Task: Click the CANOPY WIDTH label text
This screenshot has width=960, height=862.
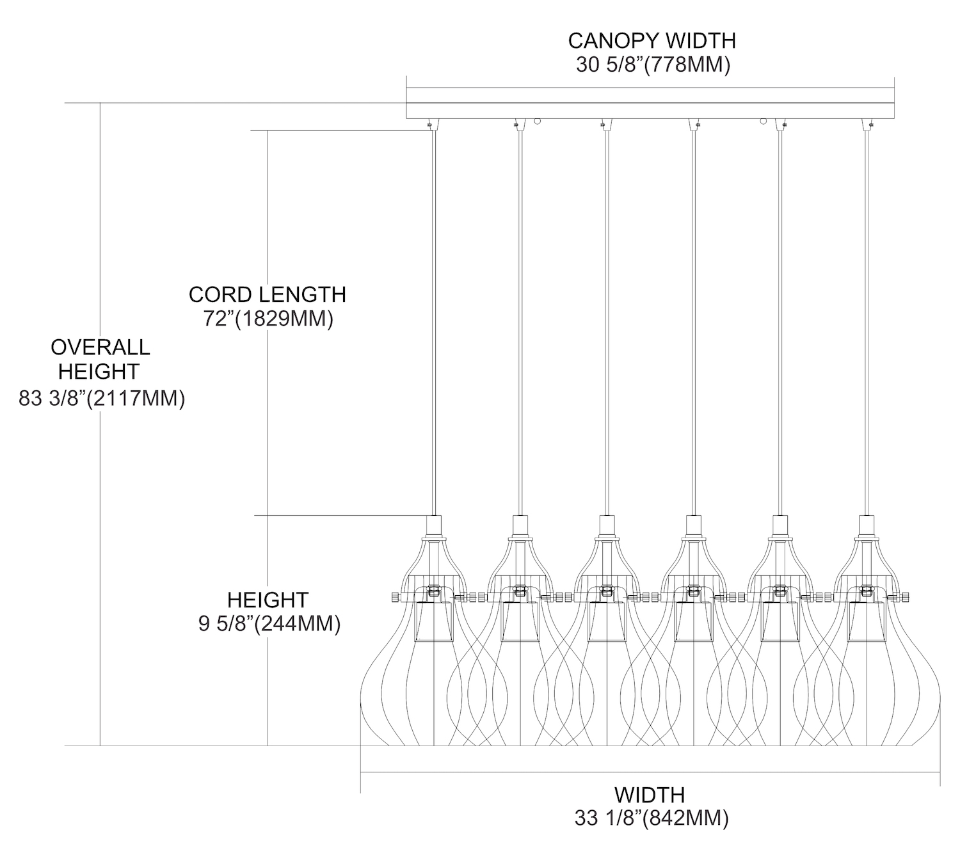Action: pyautogui.click(x=652, y=41)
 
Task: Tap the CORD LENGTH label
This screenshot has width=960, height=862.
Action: pyautogui.click(x=267, y=294)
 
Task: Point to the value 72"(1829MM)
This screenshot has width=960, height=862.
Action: pyautogui.click(x=268, y=319)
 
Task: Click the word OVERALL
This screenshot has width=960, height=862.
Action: pyautogui.click(x=100, y=347)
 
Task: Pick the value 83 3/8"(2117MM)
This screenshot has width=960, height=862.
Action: pyautogui.click(x=102, y=399)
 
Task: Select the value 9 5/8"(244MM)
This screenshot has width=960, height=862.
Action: pyautogui.click(x=269, y=624)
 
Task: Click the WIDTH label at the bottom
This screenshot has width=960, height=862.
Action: pyautogui.click(x=650, y=795)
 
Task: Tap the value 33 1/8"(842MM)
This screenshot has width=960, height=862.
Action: pyautogui.click(x=651, y=818)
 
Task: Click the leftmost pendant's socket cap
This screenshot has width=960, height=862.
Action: pyautogui.click(x=434, y=526)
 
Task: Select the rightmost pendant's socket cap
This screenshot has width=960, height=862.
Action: pyautogui.click(x=867, y=526)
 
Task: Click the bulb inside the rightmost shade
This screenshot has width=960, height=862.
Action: pyautogui.click(x=867, y=621)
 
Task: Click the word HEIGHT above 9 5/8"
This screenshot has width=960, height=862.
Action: pyautogui.click(x=268, y=600)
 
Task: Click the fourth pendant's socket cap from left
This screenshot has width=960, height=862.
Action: pyautogui.click(x=693, y=526)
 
